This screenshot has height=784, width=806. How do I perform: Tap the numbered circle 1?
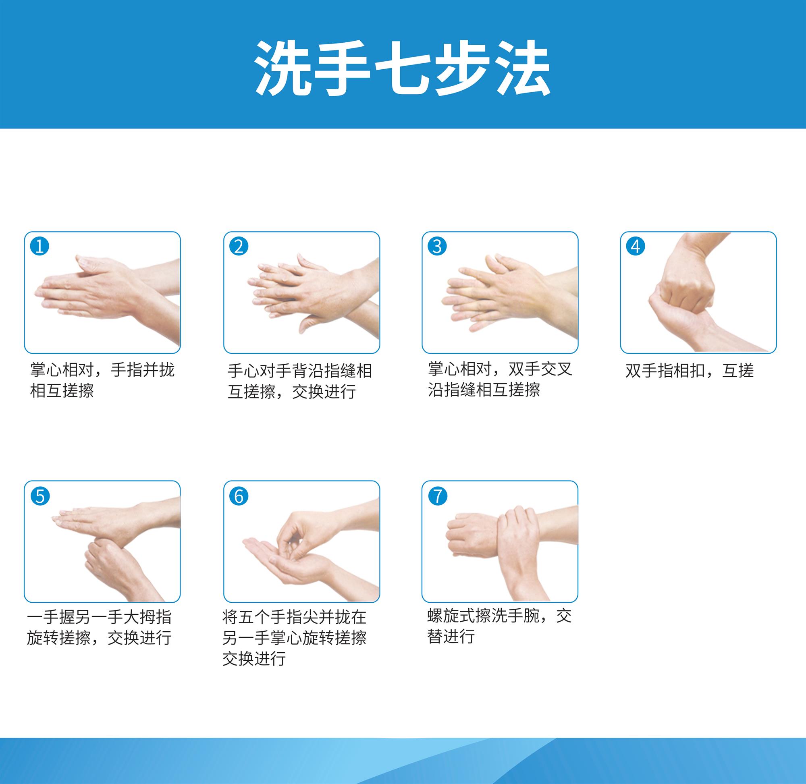point(40,246)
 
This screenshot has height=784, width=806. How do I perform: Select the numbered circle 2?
point(239,246)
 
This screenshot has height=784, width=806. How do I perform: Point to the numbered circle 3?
point(437,246)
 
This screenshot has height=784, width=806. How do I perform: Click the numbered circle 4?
point(636,246)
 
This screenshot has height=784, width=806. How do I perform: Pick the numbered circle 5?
point(40,496)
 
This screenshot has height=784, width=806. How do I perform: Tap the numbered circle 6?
point(239,496)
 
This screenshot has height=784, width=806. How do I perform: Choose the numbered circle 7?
point(437,496)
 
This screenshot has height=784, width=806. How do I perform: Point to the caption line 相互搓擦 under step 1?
point(62,390)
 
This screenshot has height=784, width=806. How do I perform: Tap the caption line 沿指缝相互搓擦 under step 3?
point(484,390)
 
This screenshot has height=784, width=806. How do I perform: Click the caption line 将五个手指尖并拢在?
point(295,617)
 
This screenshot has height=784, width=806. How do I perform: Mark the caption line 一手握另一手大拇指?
point(99,617)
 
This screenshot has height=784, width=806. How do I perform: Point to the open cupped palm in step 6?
point(288,560)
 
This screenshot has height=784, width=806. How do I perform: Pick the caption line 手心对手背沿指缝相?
point(300,371)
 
